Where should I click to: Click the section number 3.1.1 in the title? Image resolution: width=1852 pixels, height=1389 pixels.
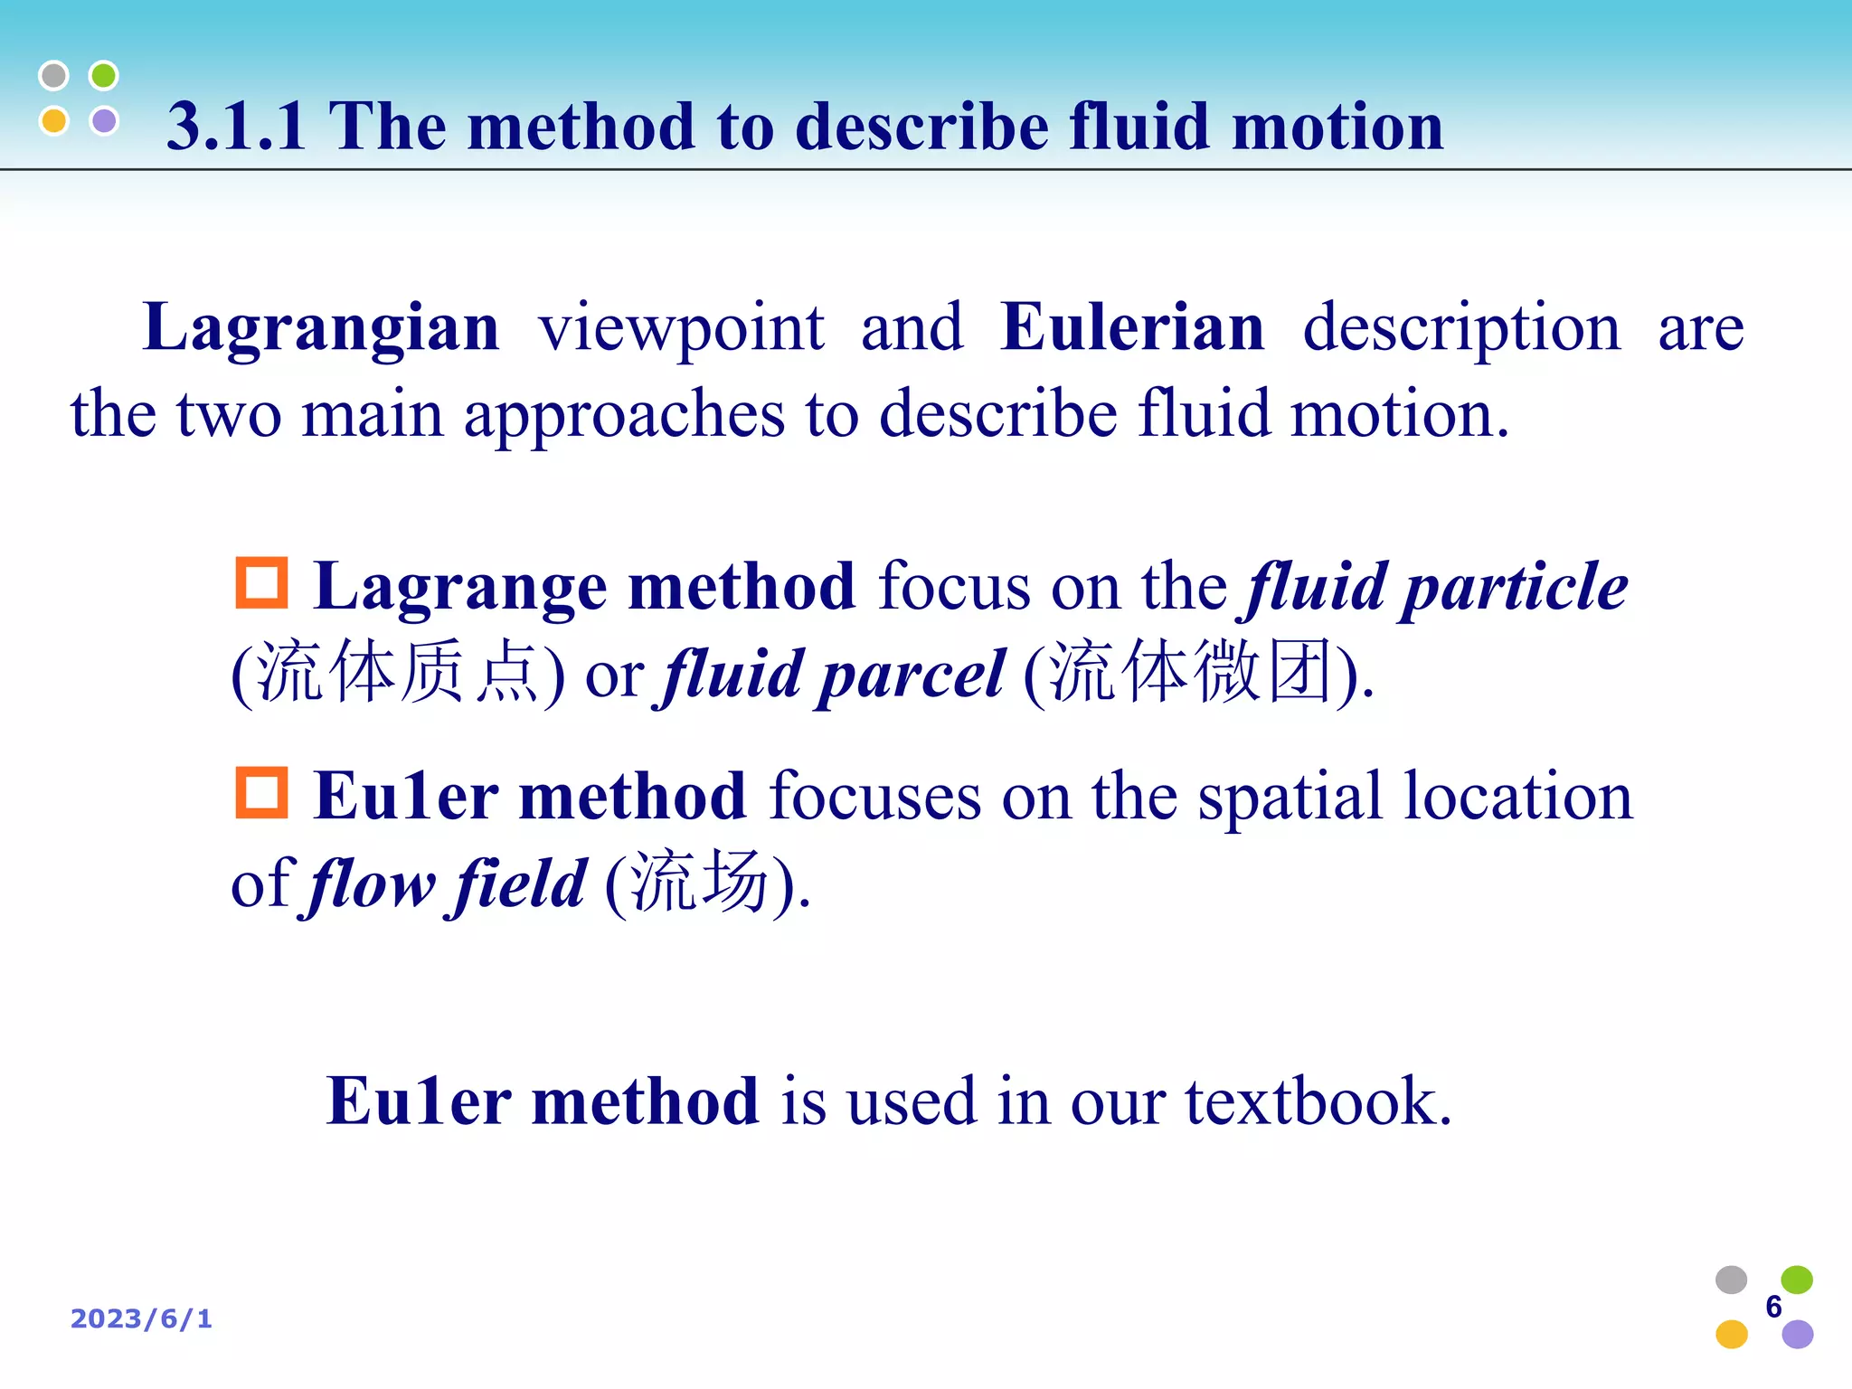236,127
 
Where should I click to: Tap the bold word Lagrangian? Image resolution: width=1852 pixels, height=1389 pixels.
321,327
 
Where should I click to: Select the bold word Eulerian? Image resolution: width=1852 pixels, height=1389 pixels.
1132,327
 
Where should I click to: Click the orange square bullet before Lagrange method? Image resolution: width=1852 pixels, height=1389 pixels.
261,583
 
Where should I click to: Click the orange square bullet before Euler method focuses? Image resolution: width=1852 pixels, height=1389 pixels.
261,793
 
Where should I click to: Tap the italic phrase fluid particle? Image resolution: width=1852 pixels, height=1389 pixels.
1436,588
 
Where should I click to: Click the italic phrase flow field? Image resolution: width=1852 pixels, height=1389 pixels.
447,884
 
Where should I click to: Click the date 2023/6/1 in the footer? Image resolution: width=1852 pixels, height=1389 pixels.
142,1319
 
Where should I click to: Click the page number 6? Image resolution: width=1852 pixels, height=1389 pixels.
1773,1307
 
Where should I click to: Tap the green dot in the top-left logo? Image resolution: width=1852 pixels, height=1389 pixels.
104,76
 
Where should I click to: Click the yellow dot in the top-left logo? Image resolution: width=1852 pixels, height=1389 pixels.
54,120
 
